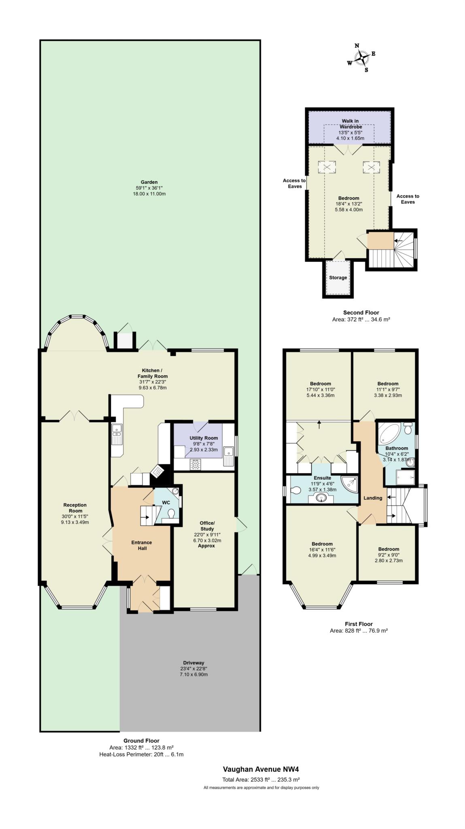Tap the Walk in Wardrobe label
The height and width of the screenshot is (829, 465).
coord(350,124)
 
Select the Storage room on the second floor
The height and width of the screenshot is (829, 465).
coord(338,278)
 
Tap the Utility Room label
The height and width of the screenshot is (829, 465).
coord(204,438)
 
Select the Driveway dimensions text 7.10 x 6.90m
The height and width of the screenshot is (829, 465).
coord(194,674)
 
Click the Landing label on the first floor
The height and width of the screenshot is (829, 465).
coord(373,498)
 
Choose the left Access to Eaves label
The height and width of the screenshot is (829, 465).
coord(294,183)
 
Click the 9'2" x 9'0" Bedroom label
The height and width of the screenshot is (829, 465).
coord(389,549)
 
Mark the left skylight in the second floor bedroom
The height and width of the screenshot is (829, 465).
coord(326,167)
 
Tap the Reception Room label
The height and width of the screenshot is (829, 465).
coord(75,508)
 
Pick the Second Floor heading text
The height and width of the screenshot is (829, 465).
coord(361,312)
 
